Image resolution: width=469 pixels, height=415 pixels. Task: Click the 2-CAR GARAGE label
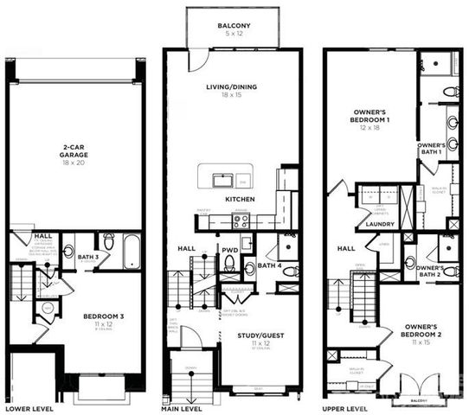point(77,150)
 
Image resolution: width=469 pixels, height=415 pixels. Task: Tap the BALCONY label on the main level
point(233,27)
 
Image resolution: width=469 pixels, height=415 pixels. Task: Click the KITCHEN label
point(240,200)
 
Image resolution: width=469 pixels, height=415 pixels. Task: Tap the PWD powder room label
point(229,250)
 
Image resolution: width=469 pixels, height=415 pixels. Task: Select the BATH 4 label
point(270,265)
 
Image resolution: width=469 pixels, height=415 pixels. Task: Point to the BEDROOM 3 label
point(104,317)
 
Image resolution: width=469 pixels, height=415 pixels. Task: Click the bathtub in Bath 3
point(130,250)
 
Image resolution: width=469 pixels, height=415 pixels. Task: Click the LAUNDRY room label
point(380,225)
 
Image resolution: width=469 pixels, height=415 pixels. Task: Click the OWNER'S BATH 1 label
point(430,148)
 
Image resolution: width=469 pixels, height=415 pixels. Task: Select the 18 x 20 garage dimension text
point(77,163)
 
